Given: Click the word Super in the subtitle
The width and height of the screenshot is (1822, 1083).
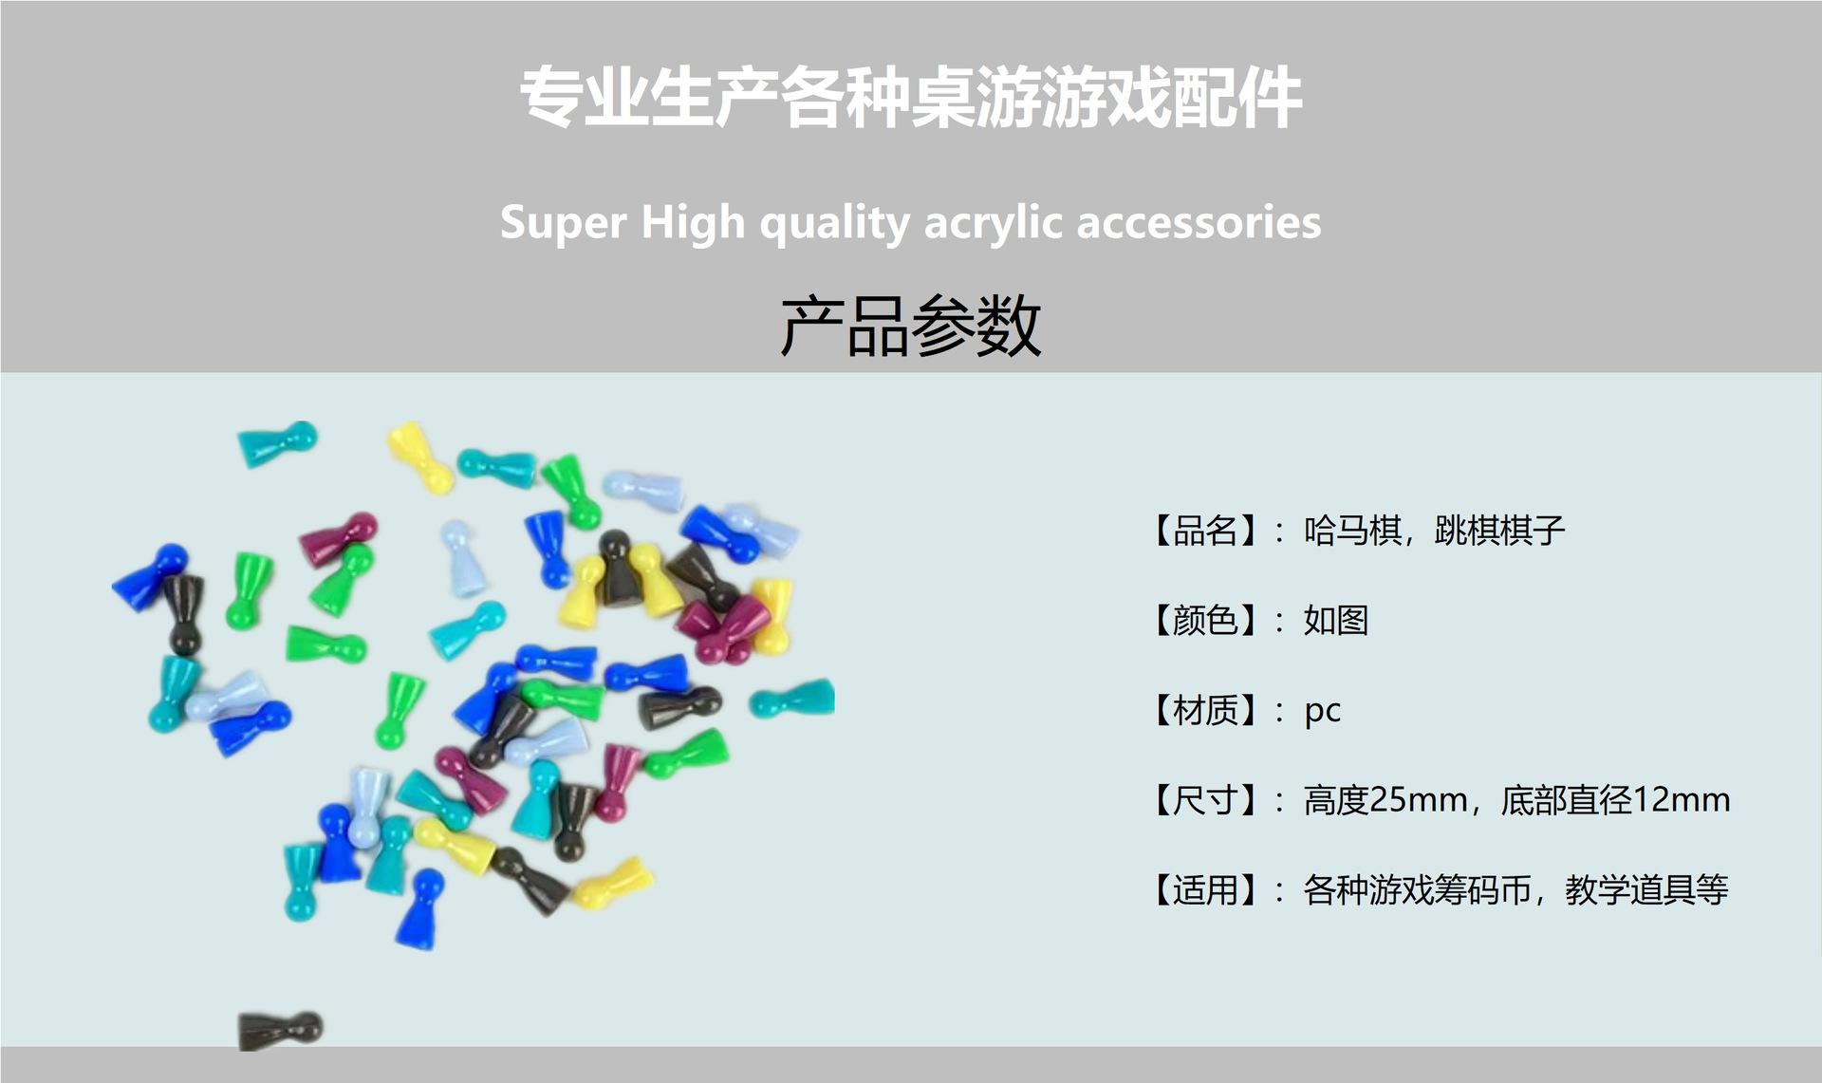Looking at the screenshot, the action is tap(563, 223).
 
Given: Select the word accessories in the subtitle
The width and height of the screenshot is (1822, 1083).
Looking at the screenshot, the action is tap(1199, 223).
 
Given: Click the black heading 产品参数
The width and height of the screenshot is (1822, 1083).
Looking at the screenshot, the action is tap(911, 326).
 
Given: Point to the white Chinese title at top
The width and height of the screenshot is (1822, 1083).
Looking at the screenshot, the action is tap(911, 98).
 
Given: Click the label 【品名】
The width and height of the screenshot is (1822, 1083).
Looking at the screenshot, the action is tap(1205, 531).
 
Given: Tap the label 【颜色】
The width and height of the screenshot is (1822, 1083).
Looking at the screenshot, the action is tap(1205, 621).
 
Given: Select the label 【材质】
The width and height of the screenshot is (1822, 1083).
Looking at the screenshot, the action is tap(1205, 710).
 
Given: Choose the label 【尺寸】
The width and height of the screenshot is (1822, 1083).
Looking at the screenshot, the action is tap(1205, 800).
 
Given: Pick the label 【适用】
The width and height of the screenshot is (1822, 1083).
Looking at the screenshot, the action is tap(1205, 890).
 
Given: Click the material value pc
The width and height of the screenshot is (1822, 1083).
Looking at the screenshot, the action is tap(1322, 712).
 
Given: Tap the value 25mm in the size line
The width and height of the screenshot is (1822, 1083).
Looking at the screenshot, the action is tap(1419, 800).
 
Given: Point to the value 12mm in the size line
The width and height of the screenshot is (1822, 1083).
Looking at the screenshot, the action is tap(1681, 800).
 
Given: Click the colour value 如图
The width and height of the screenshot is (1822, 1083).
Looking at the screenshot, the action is tap(1336, 621).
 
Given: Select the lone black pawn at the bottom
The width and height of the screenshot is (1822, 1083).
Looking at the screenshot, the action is tap(280, 1029).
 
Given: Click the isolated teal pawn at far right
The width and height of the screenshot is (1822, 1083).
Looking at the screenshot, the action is tap(792, 700).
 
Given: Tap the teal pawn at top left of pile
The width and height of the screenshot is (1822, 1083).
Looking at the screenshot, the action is tap(277, 442).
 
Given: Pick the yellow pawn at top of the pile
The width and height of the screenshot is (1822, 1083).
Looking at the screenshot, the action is tap(419, 457).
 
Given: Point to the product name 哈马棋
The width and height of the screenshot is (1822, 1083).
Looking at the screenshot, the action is tap(1351, 531).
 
